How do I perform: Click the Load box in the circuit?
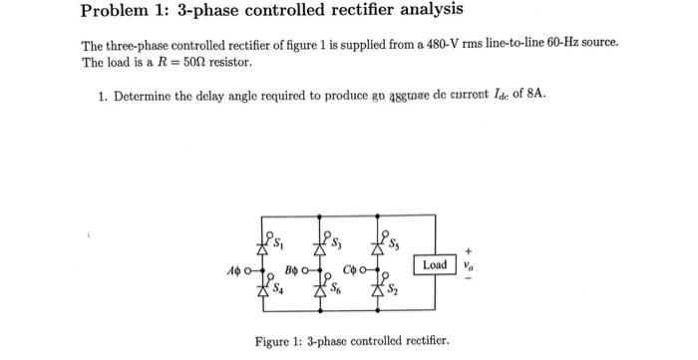[x=435, y=265]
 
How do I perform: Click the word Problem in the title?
[x=116, y=12]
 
